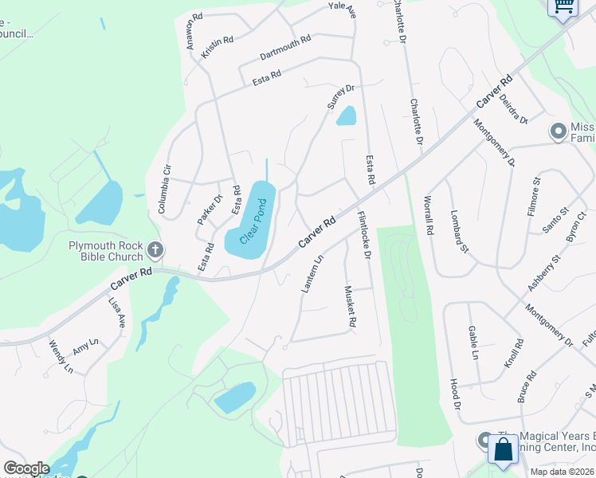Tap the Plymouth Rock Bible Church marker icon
click(155, 251)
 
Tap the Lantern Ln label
click(313, 273)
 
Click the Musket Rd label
click(349, 308)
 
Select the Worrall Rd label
click(429, 215)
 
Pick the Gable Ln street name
click(473, 341)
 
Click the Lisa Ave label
click(118, 312)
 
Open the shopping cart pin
click(563, 7)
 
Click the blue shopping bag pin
click(503, 450)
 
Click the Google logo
click(26, 468)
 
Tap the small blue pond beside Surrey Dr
click(346, 116)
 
